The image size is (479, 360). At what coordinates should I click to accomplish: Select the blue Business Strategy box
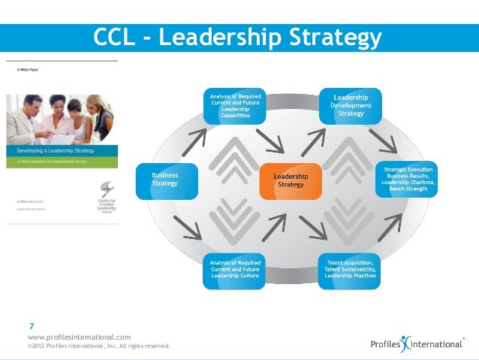pyautogui.click(x=166, y=179)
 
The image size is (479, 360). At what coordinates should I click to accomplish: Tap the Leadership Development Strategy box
pyautogui.click(x=351, y=106)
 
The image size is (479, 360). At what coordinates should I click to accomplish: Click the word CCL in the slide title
pyautogui.click(x=116, y=37)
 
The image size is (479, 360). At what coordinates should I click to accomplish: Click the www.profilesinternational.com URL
pyautogui.click(x=79, y=337)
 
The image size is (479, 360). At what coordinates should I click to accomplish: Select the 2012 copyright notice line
pyautogui.click(x=98, y=346)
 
